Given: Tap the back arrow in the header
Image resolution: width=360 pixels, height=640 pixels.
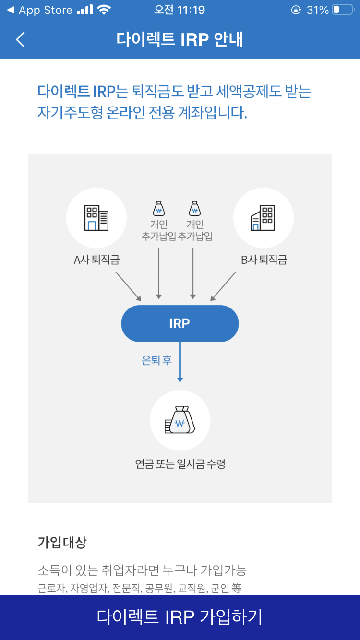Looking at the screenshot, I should tap(20, 39).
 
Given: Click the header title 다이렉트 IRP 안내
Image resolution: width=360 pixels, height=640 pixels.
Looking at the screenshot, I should tap(180, 39).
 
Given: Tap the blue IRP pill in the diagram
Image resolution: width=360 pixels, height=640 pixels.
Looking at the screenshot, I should tap(180, 323).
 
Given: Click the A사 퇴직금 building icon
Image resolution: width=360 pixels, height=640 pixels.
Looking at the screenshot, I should tap(96, 218).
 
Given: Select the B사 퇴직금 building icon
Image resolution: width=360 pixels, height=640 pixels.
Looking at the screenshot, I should tap(263, 218).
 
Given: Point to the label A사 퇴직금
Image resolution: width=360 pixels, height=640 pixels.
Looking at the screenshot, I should tap(96, 260).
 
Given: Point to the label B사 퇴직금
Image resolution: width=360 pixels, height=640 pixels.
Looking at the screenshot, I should tap(264, 260).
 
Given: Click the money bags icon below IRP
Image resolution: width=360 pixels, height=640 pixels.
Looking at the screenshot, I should tap(180, 420).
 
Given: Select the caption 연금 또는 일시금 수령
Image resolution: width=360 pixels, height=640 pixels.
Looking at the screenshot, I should tap(180, 464).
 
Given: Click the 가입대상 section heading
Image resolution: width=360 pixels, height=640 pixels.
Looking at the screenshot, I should tap(62, 543).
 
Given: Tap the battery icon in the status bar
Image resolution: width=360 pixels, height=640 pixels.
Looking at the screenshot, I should tap(342, 10).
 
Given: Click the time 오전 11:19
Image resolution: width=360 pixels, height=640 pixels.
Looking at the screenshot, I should tap(180, 10).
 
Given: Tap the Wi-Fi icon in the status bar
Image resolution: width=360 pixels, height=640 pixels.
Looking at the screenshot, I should tap(103, 10).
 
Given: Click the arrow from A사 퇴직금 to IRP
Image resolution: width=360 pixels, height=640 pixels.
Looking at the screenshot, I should tap(128, 286).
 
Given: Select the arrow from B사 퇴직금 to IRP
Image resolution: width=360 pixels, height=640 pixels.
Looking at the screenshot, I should tap(223, 286).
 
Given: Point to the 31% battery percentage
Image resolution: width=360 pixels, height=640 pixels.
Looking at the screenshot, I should tap(317, 10).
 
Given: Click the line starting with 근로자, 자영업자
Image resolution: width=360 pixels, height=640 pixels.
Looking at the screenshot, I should tap(139, 587).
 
